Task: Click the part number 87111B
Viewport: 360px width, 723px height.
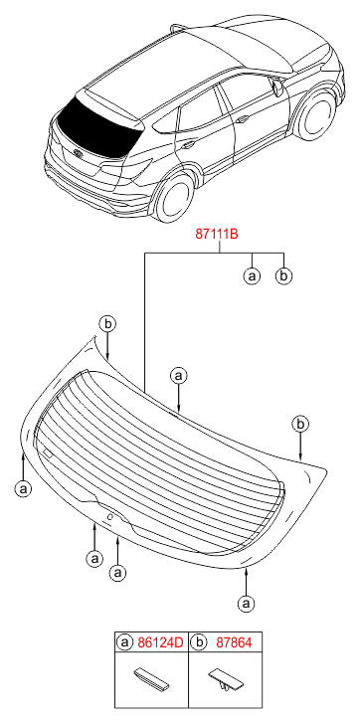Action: pyautogui.click(x=217, y=235)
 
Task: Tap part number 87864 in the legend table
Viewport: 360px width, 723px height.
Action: pyautogui.click(x=234, y=642)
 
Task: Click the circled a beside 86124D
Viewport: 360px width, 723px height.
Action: pyautogui.click(x=125, y=642)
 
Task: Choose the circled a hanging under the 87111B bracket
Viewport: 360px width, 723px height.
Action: pyautogui.click(x=252, y=275)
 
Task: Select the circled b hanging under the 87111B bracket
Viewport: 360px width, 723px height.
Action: pyautogui.click(x=283, y=275)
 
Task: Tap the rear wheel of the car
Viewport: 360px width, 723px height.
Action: pyautogui.click(x=174, y=197)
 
